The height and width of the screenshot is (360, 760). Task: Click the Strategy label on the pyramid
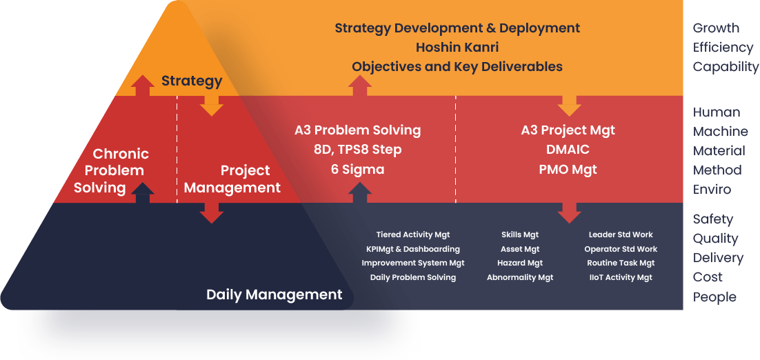click(192, 81)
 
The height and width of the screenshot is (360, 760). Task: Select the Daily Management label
click(274, 295)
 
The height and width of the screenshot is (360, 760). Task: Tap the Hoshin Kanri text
click(457, 48)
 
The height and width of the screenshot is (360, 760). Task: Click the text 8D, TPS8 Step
click(357, 150)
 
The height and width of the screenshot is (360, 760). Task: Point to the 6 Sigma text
click(357, 169)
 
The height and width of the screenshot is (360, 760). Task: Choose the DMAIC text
click(568, 150)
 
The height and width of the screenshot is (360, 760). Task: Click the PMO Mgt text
click(568, 169)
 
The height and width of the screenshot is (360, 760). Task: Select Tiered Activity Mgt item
click(413, 235)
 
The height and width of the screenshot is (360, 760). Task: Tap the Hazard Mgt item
click(520, 263)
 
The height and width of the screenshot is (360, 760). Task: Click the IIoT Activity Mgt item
click(621, 277)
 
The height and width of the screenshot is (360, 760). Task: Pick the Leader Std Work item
click(621, 235)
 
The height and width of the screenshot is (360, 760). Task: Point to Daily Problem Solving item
click(413, 277)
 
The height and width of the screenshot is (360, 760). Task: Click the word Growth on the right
click(716, 28)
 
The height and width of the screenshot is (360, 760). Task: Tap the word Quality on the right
click(715, 239)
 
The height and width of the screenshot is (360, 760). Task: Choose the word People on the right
click(714, 297)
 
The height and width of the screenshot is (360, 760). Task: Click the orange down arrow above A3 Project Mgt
click(569, 105)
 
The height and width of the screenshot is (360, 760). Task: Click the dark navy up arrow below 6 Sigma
click(359, 193)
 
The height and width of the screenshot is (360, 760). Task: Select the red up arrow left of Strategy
click(143, 86)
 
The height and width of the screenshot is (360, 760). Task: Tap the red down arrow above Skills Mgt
click(569, 212)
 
